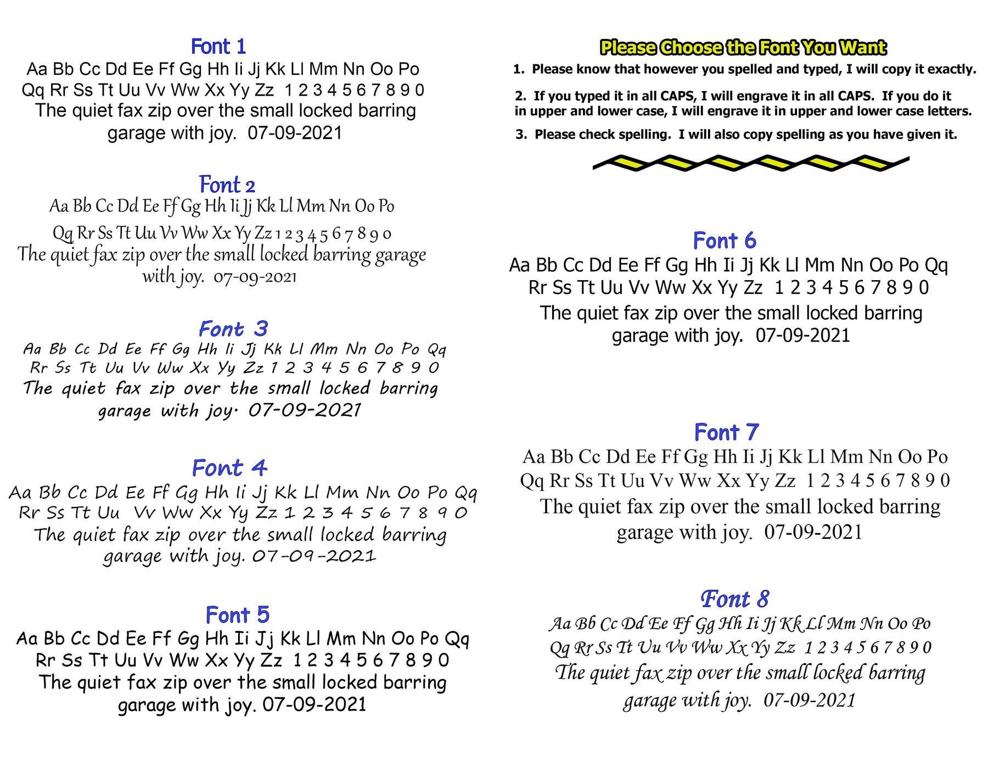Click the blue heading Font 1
[x=218, y=47]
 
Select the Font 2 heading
[x=227, y=185]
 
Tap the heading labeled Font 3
[x=233, y=329]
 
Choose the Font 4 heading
[x=229, y=468]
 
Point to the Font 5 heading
[x=237, y=615]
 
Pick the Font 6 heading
[x=724, y=241]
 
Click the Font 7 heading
[x=726, y=432]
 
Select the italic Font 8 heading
[x=734, y=599]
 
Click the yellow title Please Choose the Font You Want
[x=743, y=48]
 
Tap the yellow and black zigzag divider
[x=750, y=163]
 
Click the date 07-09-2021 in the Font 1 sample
[x=295, y=133]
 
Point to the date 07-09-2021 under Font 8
[x=809, y=700]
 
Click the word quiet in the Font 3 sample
[x=83, y=389]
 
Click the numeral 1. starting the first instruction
[x=519, y=70]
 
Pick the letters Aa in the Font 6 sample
[x=519, y=265]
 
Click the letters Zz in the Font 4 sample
[x=266, y=513]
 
